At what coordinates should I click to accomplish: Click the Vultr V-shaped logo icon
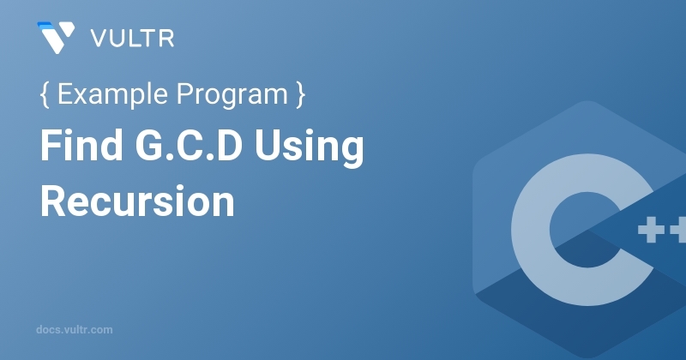[x=56, y=38]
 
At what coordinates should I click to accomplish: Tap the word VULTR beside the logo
[x=132, y=39]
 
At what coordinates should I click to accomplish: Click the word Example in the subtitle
[x=112, y=94]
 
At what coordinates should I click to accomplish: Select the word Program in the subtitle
[x=232, y=95]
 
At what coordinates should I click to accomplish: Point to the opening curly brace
[x=45, y=94]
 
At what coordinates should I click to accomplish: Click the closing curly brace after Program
[x=300, y=94]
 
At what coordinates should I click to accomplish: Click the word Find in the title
[x=81, y=145]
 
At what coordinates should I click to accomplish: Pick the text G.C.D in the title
[x=189, y=145]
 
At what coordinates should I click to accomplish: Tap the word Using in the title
[x=309, y=147]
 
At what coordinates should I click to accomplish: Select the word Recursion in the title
[x=137, y=201]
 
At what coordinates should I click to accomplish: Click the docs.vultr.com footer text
[x=75, y=329]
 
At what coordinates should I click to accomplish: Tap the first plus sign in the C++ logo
[x=651, y=229]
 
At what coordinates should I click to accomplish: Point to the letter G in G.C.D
[x=150, y=145]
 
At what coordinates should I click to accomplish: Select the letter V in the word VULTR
[x=99, y=39]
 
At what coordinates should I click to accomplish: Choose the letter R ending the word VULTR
[x=165, y=39]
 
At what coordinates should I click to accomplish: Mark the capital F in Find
[x=51, y=145]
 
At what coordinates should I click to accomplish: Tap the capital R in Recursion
[x=54, y=201]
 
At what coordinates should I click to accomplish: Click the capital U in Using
[x=268, y=146]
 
